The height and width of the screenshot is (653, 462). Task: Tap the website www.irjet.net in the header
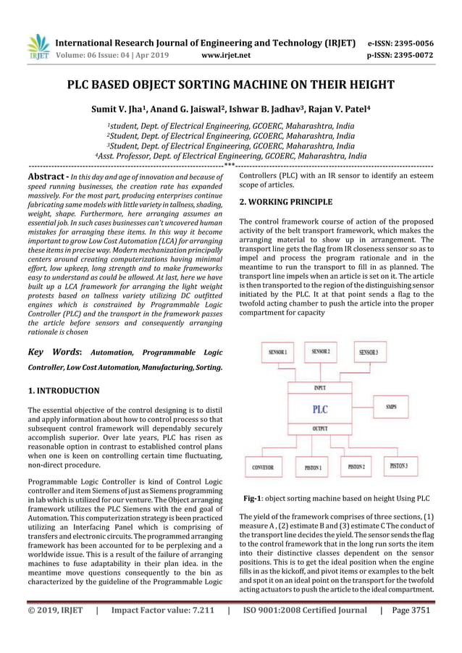pyautogui.click(x=227, y=54)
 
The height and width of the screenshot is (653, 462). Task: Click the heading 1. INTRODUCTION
pyautogui.click(x=64, y=391)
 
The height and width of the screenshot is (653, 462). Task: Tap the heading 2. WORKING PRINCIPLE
pyautogui.click(x=286, y=202)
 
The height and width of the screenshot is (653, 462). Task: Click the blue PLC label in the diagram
pyautogui.click(x=319, y=409)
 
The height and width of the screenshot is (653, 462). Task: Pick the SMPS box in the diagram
pyautogui.click(x=395, y=407)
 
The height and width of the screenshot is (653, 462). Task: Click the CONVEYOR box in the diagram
pyautogui.click(x=263, y=468)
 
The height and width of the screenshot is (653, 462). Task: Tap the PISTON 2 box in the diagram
pyautogui.click(x=356, y=467)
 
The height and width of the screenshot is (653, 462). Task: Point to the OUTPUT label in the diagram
pyautogui.click(x=319, y=429)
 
